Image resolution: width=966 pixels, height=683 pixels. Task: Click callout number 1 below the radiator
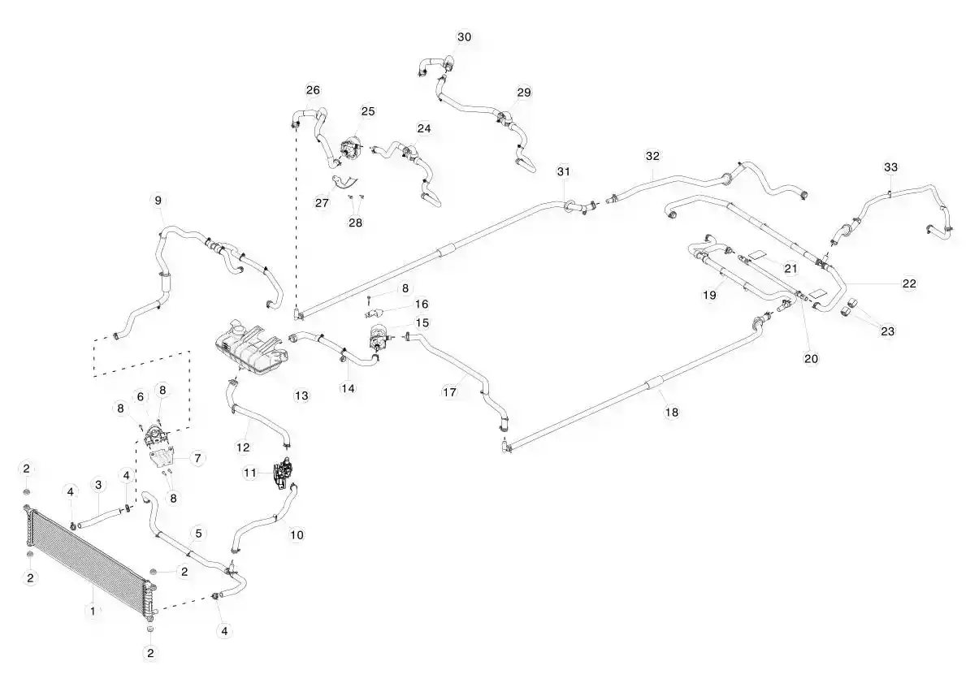(x=93, y=611)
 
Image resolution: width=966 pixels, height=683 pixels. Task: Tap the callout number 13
(x=301, y=396)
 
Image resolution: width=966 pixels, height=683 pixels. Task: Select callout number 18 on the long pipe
(x=672, y=412)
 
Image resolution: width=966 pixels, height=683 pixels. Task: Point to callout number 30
(x=464, y=37)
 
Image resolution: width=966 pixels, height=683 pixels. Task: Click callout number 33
(x=890, y=167)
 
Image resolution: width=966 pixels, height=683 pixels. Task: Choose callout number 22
(x=909, y=283)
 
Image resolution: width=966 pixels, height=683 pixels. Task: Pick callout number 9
(x=158, y=200)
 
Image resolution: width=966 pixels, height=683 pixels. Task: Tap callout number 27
(x=323, y=202)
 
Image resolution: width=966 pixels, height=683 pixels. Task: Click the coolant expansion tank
(x=249, y=346)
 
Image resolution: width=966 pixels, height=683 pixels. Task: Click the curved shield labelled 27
(x=345, y=181)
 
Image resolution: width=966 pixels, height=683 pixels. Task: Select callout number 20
(x=812, y=358)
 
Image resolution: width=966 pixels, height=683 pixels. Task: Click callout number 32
(x=652, y=156)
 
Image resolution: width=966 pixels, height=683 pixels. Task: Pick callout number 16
(x=422, y=305)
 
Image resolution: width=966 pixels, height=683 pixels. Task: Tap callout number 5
(x=198, y=534)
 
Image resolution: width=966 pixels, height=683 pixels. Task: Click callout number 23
(x=887, y=331)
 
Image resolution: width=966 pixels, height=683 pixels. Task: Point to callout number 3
(x=98, y=485)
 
